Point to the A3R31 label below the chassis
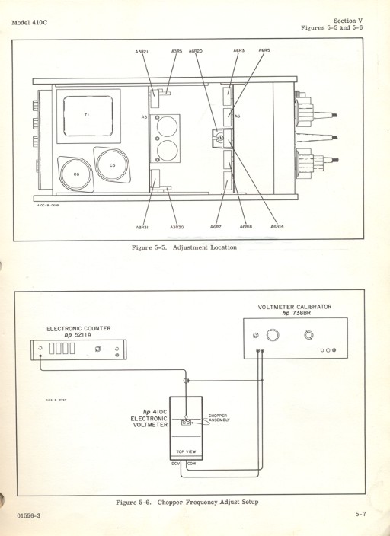tap(142, 227)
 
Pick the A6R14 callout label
tap(277, 227)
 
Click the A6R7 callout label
tap(216, 227)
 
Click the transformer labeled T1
tap(86, 114)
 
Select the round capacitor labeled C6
tap(76, 174)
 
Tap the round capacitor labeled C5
tap(112, 164)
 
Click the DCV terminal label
tap(175, 463)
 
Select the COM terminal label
tap(192, 463)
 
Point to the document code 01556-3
tap(30, 517)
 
